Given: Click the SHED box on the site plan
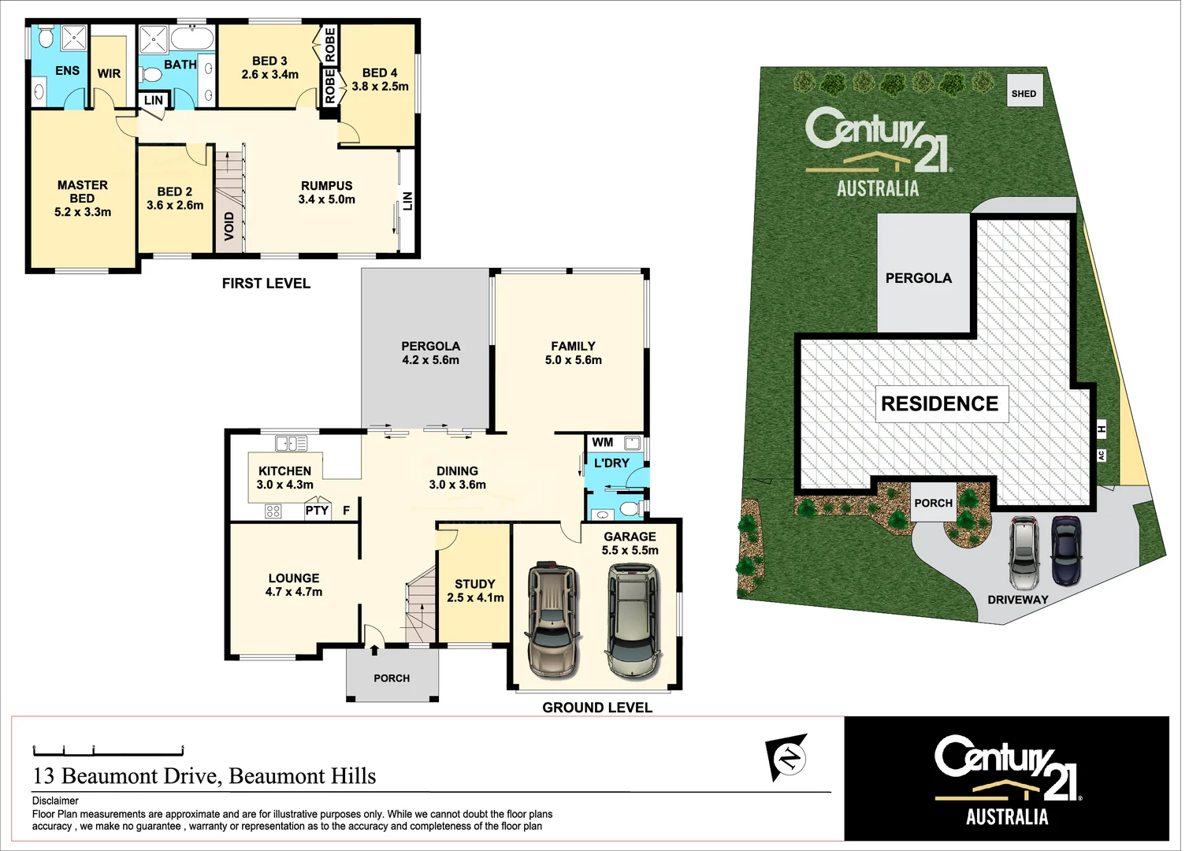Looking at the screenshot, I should pyautogui.click(x=1024, y=92).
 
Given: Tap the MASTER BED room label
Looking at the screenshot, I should pyautogui.click(x=82, y=198).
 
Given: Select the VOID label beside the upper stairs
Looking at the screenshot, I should pyautogui.click(x=229, y=226).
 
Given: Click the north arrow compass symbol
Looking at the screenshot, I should pyautogui.click(x=787, y=757).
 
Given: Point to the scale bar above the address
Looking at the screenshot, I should pyautogui.click(x=108, y=750).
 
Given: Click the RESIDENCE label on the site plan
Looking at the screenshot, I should pyautogui.click(x=939, y=404).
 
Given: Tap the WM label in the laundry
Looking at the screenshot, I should pyautogui.click(x=603, y=443).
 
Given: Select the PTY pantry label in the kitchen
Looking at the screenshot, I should pyautogui.click(x=317, y=511).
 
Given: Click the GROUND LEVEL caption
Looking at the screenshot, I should pyautogui.click(x=597, y=708).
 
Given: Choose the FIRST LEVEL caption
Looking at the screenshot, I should pyautogui.click(x=266, y=284).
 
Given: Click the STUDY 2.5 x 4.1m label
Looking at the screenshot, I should pyautogui.click(x=475, y=591).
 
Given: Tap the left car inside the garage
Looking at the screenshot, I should pyautogui.click(x=555, y=620).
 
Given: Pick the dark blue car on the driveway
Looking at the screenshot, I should pyautogui.click(x=1066, y=550).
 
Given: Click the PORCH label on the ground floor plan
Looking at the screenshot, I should pyautogui.click(x=392, y=678).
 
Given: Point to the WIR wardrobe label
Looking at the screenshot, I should pyautogui.click(x=109, y=73).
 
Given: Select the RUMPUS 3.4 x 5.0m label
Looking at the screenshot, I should pyautogui.click(x=326, y=193).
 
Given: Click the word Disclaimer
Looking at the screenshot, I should pyautogui.click(x=55, y=801).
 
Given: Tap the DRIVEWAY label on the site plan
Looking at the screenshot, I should pyautogui.click(x=1018, y=600).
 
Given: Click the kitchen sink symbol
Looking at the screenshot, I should pyautogui.click(x=291, y=444).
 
